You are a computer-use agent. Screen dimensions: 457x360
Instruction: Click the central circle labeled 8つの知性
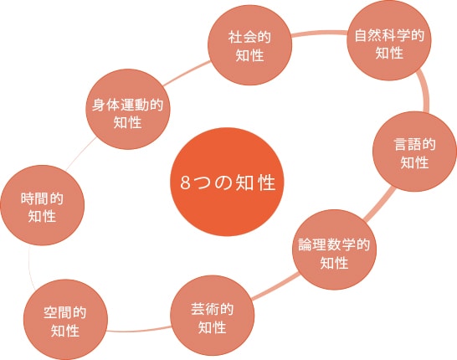tap(227, 182)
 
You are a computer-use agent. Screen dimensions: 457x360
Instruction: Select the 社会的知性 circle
tap(249, 45)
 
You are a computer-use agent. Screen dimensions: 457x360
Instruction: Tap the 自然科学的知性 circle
tap(389, 40)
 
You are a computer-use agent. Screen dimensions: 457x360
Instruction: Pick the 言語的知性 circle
tap(414, 152)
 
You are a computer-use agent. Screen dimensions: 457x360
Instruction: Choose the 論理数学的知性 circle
tap(334, 249)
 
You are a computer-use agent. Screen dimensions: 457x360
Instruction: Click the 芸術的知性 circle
tap(213, 316)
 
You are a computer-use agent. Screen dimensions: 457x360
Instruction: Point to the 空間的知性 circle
tap(65, 320)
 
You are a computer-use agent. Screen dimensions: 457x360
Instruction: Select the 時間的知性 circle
tap(42, 205)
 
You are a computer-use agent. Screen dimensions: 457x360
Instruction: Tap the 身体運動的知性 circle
tap(128, 110)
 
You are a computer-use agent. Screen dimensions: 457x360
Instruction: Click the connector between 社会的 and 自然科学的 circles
tap(320, 33)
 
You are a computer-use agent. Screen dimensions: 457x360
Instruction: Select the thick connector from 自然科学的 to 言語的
tap(425, 90)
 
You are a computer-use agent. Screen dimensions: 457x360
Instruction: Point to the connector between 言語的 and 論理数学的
tap(379, 205)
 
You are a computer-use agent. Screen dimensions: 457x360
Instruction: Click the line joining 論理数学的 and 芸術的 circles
tap(275, 286)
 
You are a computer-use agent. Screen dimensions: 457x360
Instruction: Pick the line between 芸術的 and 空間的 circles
tap(139, 330)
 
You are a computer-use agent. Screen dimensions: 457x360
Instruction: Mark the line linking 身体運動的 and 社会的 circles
tap(187, 74)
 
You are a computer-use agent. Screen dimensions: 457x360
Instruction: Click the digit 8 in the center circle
tap(185, 183)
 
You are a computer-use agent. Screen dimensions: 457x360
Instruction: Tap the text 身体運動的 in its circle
tap(128, 105)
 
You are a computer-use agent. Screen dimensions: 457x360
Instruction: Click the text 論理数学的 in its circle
tap(334, 244)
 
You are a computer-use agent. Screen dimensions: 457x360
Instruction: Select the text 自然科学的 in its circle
tap(389, 35)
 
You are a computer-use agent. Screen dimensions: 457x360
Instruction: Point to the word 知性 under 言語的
tap(414, 162)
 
